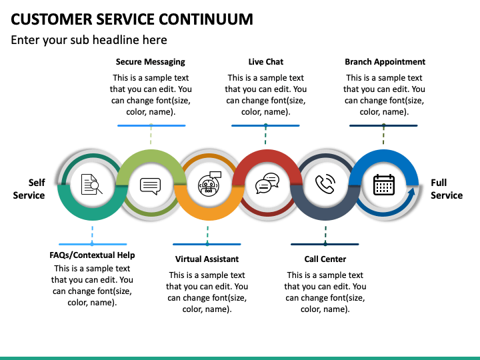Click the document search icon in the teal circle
tap(91, 184)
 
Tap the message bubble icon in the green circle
tap(150, 186)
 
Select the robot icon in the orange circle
tap(209, 184)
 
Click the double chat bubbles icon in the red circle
tap(267, 183)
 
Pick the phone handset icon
tap(325, 184)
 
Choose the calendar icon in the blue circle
tap(384, 185)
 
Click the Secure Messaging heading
tap(150, 62)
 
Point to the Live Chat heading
tap(266, 62)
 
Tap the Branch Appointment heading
tap(385, 62)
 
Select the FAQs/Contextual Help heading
tap(92, 255)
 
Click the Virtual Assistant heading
tap(207, 259)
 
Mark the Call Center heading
tap(325, 259)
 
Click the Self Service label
tap(29, 189)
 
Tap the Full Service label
tap(447, 189)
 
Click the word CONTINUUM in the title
tap(206, 19)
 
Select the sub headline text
tap(89, 40)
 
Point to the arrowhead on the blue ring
tap(411, 193)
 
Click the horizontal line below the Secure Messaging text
tap(151, 125)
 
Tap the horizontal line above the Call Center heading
tap(325, 244)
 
